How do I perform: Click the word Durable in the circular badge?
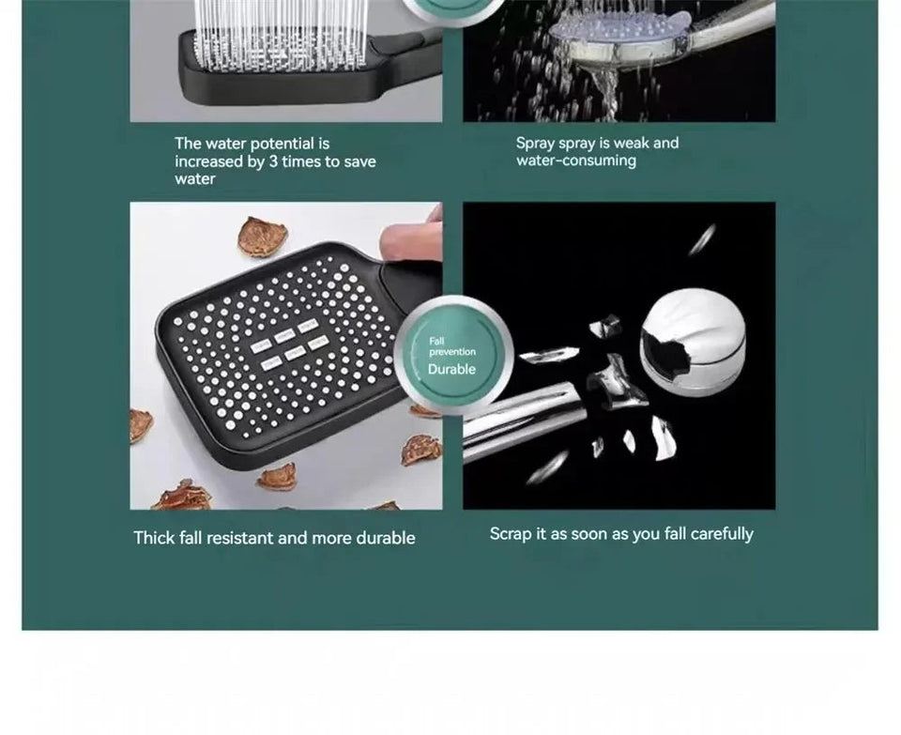pos(451,370)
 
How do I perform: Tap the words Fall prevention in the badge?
pos(452,346)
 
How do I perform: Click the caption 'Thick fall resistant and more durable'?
pos(274,538)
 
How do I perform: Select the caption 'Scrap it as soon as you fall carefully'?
pos(621,534)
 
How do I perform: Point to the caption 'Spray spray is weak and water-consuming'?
pos(597,152)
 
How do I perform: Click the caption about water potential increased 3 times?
pos(275,161)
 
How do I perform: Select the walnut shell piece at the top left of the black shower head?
pos(261,236)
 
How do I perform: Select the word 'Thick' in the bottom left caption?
pos(154,538)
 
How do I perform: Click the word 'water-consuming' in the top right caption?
pos(575,161)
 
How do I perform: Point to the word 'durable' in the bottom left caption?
pos(385,538)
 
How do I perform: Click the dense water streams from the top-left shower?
pos(282,23)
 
